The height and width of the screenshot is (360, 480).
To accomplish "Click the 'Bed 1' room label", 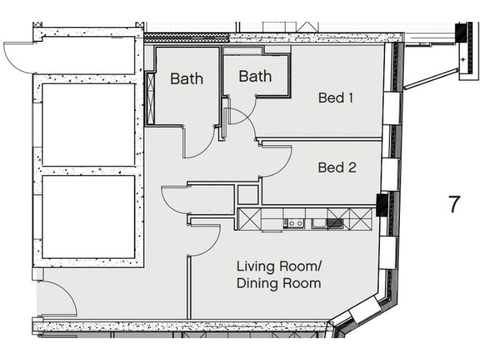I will pyautogui.click(x=336, y=98).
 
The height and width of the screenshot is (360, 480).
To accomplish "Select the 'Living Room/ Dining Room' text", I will pyautogui.click(x=278, y=275).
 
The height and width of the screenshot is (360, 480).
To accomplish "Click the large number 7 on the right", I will pyautogui.click(x=455, y=204).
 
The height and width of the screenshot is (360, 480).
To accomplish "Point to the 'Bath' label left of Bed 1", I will pyautogui.click(x=255, y=76).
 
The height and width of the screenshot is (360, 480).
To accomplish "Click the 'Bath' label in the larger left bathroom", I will pyautogui.click(x=186, y=79).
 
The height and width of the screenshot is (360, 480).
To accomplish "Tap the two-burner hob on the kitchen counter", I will pyautogui.click(x=294, y=222).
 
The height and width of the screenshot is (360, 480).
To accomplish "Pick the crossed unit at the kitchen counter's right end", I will pyautogui.click(x=361, y=219).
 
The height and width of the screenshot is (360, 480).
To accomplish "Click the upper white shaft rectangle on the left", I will pyautogui.click(x=88, y=124).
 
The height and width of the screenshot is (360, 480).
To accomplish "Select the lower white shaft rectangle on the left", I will pyautogui.click(x=88, y=217).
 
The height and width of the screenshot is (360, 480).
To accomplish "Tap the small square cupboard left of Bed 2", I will pyautogui.click(x=247, y=195).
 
